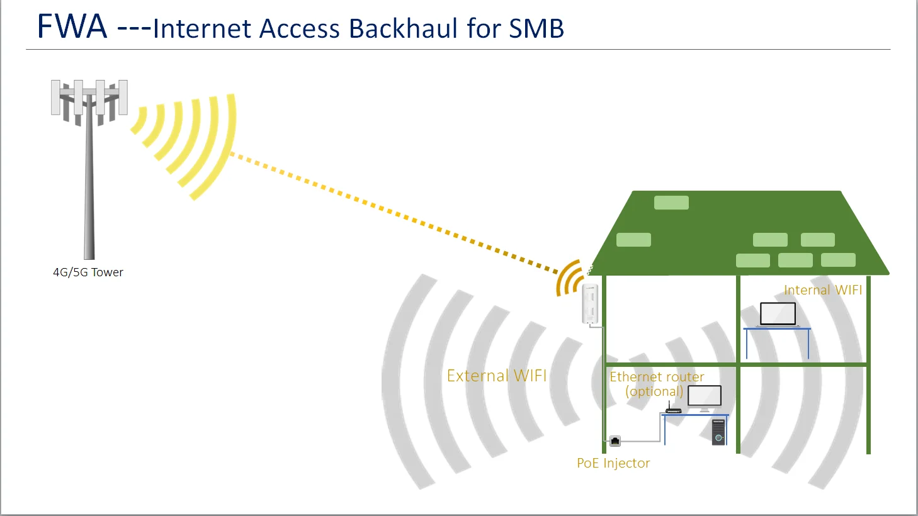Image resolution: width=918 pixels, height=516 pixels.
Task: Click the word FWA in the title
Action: [x=72, y=27]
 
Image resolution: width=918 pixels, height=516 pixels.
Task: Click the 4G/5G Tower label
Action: [x=88, y=272]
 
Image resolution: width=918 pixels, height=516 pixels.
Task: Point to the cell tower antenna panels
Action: [x=89, y=98]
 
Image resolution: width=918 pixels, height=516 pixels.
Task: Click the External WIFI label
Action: [x=496, y=376]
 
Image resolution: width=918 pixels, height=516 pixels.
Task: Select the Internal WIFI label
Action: [x=822, y=290]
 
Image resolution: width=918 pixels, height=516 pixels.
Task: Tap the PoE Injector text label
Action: [x=613, y=463]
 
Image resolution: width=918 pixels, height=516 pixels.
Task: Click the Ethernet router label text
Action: [x=657, y=377]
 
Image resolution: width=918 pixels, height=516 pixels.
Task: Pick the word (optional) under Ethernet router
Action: [x=654, y=391]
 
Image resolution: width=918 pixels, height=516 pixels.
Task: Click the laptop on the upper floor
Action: [x=778, y=314]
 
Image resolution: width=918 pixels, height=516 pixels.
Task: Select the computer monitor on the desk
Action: [x=705, y=397]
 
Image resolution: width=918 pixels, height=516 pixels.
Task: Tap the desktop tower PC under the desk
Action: [x=718, y=432]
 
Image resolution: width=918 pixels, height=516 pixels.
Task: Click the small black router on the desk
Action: [x=673, y=410]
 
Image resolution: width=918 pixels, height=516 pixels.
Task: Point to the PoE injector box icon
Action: [x=615, y=441]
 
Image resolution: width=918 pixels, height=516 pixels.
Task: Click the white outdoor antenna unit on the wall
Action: [x=589, y=304]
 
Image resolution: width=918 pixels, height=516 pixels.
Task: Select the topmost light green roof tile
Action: [x=671, y=203]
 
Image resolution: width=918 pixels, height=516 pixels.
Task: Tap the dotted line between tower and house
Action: [x=390, y=211]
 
